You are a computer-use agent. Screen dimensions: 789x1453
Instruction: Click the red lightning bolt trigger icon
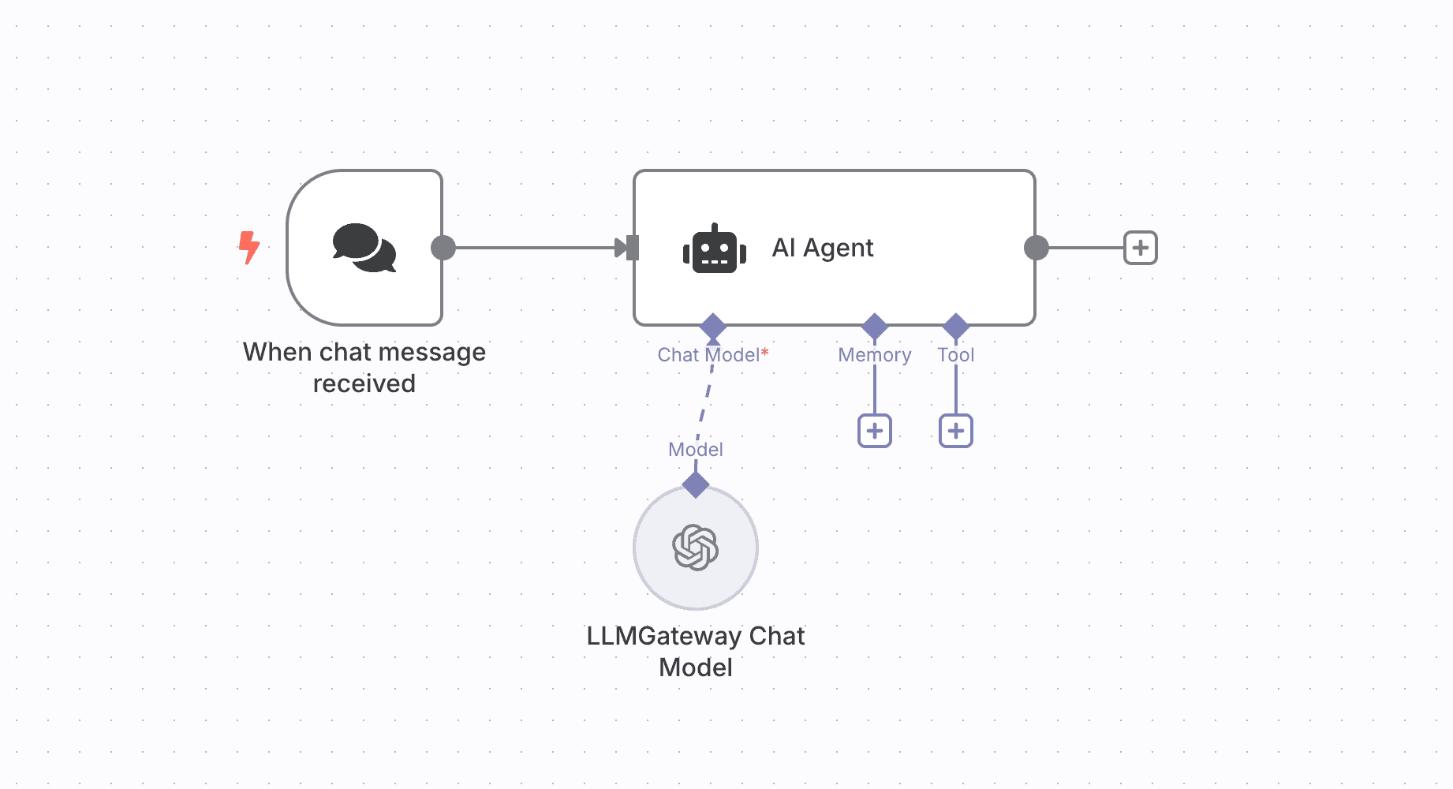pyautogui.click(x=249, y=247)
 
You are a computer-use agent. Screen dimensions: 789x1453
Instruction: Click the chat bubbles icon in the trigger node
pyautogui.click(x=364, y=248)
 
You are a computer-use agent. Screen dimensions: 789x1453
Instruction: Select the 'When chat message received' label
pyautogui.click(x=364, y=368)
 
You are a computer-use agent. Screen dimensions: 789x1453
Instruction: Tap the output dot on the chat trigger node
pyautogui.click(x=443, y=248)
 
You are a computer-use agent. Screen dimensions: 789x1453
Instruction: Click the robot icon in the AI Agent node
pyautogui.click(x=715, y=249)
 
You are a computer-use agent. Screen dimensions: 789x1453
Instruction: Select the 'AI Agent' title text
pyautogui.click(x=822, y=248)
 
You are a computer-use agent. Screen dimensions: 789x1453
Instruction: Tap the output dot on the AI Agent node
pyautogui.click(x=1036, y=248)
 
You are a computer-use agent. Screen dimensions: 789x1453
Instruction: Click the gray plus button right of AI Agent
pyautogui.click(x=1140, y=248)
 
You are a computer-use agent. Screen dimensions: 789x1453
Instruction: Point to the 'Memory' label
pyautogui.click(x=874, y=355)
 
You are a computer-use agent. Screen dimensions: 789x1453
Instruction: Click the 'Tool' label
pyautogui.click(x=955, y=355)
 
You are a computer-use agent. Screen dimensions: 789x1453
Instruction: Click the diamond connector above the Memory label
pyautogui.click(x=874, y=326)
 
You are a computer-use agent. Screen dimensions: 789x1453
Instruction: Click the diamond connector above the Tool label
pyautogui.click(x=955, y=326)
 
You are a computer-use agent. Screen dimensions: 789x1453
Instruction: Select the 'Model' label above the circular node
pyautogui.click(x=695, y=450)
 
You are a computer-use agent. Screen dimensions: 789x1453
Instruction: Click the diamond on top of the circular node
pyautogui.click(x=695, y=484)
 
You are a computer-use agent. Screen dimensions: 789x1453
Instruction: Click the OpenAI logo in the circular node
pyautogui.click(x=695, y=548)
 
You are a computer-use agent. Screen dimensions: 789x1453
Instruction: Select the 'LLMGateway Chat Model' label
pyautogui.click(x=695, y=652)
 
